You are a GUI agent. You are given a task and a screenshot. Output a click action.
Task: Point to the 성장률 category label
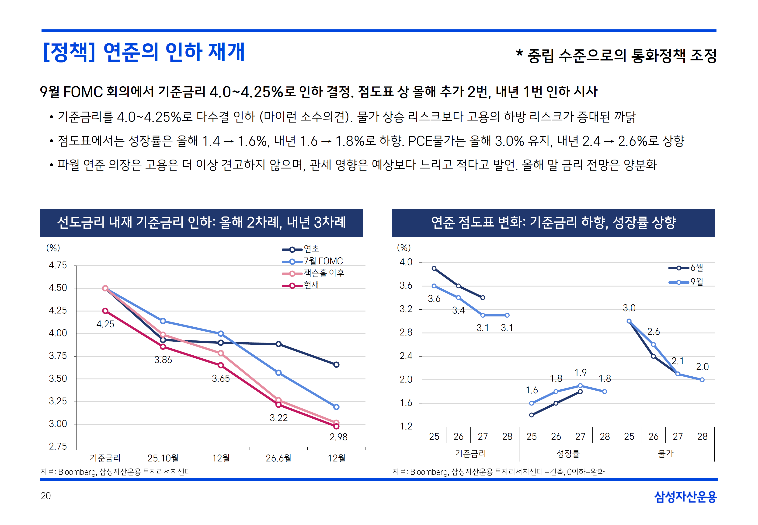(568, 454)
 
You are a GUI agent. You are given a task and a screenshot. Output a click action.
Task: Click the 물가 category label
(666, 454)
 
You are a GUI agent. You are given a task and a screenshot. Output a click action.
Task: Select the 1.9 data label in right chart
(580, 373)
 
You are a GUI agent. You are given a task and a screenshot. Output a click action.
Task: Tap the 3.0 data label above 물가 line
(629, 308)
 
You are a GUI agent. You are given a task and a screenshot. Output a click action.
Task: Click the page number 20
(46, 496)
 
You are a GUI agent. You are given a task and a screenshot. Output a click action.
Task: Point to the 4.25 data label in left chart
(105, 324)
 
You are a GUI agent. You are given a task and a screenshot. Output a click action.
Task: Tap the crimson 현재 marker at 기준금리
(105, 311)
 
